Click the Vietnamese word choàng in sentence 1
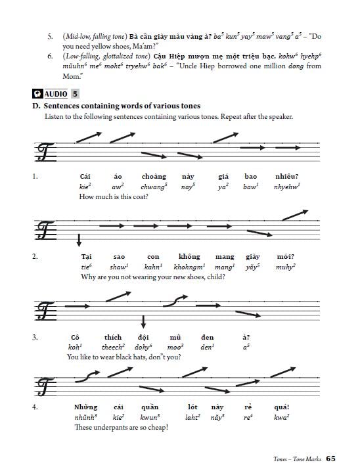coord(154,176)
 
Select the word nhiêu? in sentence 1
coord(286,176)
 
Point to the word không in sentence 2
coord(189,256)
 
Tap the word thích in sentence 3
coord(113,337)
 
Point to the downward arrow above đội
coord(143,321)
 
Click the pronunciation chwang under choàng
coord(154,187)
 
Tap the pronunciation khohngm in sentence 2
coord(190,267)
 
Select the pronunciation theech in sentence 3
coord(113,347)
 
